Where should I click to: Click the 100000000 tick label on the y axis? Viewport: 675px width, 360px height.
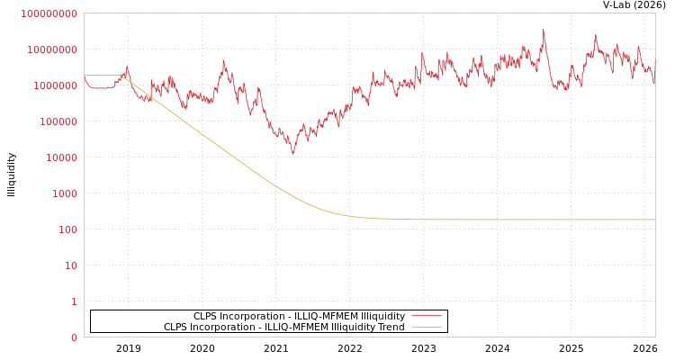coord(49,13)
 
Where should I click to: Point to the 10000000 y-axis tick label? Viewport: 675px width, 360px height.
coord(51,49)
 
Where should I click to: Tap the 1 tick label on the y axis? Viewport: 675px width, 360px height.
coord(74,301)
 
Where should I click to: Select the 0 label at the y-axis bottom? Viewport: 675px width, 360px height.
coord(74,337)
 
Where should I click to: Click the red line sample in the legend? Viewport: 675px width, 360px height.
coord(426,316)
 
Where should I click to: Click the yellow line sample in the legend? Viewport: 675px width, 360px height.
coord(426,328)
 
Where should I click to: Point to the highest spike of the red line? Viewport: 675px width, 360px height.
coord(544,31)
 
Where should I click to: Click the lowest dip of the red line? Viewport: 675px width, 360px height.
coord(292,153)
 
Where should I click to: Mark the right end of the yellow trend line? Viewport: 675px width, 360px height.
coord(654,220)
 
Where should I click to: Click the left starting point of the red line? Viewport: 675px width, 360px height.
coord(85,77)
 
